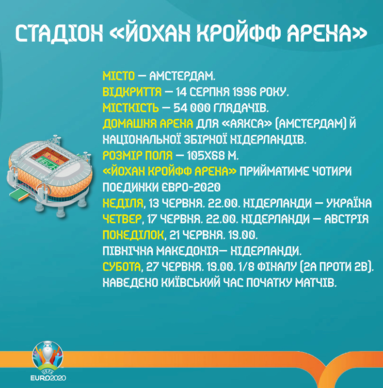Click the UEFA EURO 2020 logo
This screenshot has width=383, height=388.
[48, 362]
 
